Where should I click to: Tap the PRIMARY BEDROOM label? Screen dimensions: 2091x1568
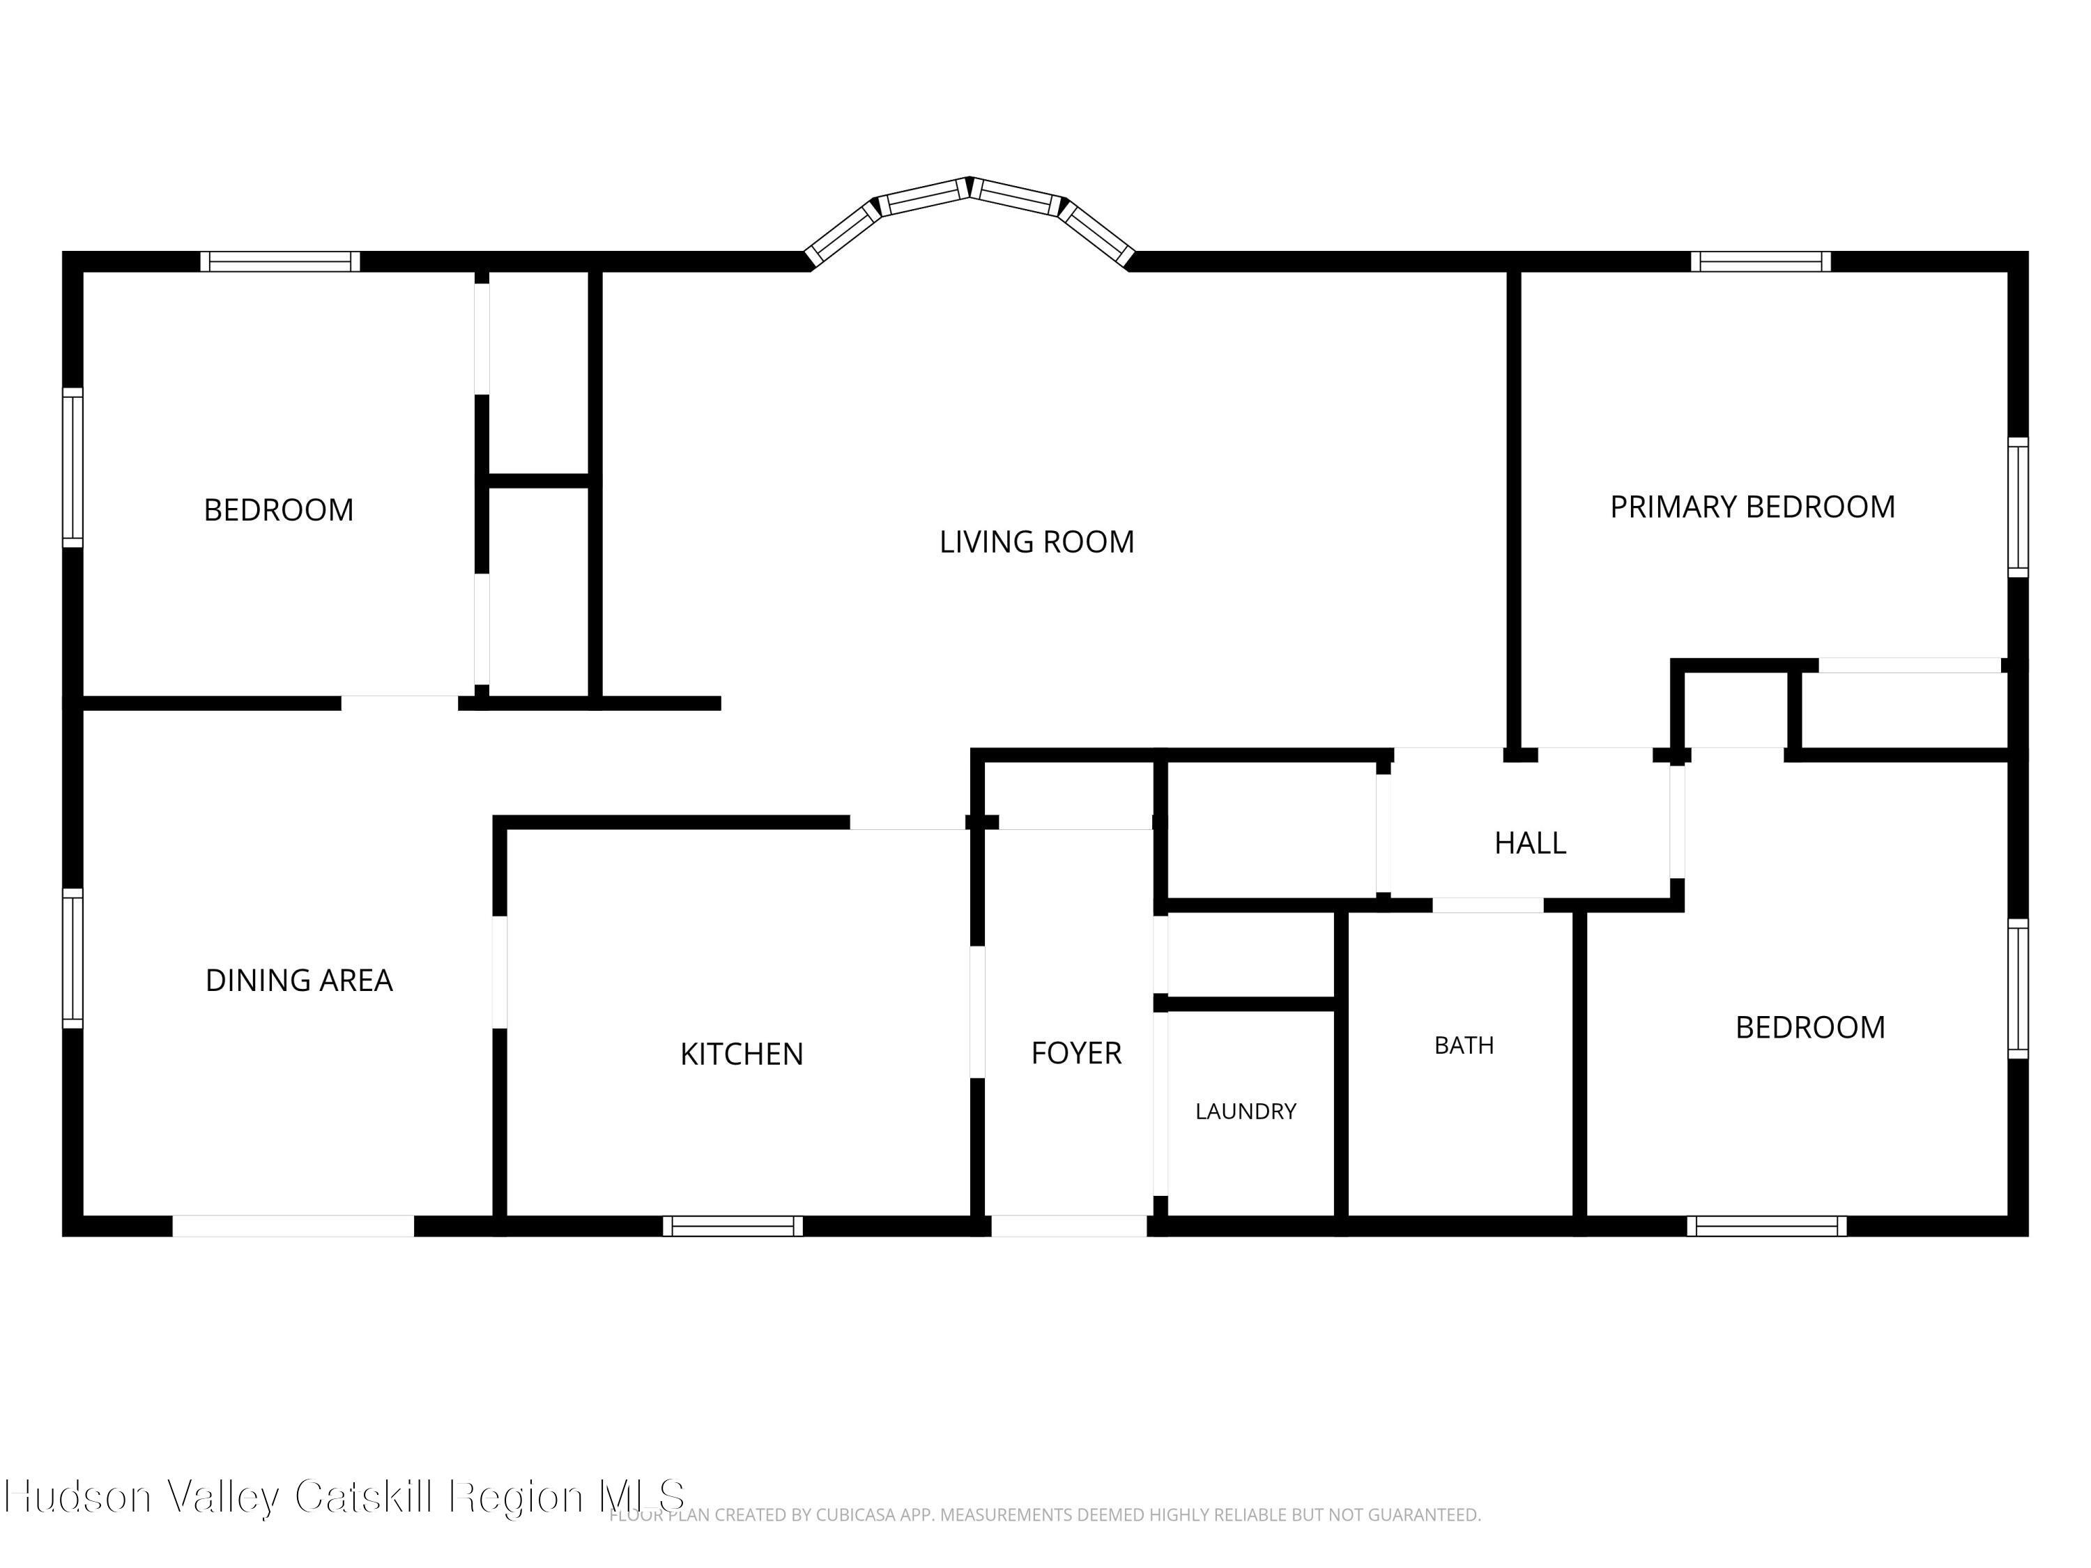pyautogui.click(x=1752, y=507)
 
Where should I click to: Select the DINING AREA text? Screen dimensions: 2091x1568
pyautogui.click(x=299, y=980)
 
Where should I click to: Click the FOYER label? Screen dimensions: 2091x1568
pyautogui.click(x=1075, y=1053)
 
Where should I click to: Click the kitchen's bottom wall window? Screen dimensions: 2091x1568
pyautogui.click(x=733, y=1226)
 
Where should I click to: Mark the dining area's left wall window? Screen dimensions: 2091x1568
pyautogui.click(x=72, y=958)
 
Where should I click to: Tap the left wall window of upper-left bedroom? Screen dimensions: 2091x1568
pyautogui.click(x=72, y=467)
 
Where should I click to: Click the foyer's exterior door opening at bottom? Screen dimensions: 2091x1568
pyautogui.click(x=1069, y=1226)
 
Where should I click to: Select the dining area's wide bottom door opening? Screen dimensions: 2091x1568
pyautogui.click(x=293, y=1226)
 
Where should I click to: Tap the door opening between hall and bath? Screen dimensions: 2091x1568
pyautogui.click(x=1488, y=905)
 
